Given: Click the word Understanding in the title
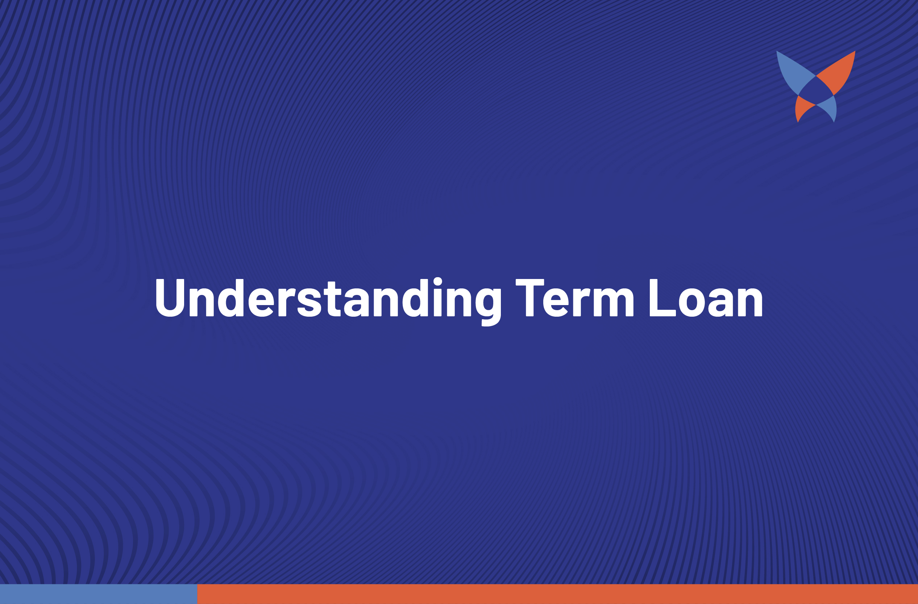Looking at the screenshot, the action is pos(328,301).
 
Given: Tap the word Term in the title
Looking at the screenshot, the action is pos(575,297).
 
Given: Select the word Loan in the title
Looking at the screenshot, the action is pos(706,297).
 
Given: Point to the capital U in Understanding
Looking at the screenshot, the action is pos(170,297).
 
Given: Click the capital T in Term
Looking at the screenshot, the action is pos(530,297).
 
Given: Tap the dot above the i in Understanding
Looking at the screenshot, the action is pos(437,281).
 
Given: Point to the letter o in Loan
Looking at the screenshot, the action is pos(692,303).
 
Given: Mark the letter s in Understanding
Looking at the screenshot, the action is pos(310,303).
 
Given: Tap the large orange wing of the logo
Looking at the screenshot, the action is pos(840,71).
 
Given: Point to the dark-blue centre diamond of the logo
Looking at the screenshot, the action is pos(816,90).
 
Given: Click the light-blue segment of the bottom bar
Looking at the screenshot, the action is pos(99,594).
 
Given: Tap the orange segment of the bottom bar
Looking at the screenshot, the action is pos(558,594).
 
